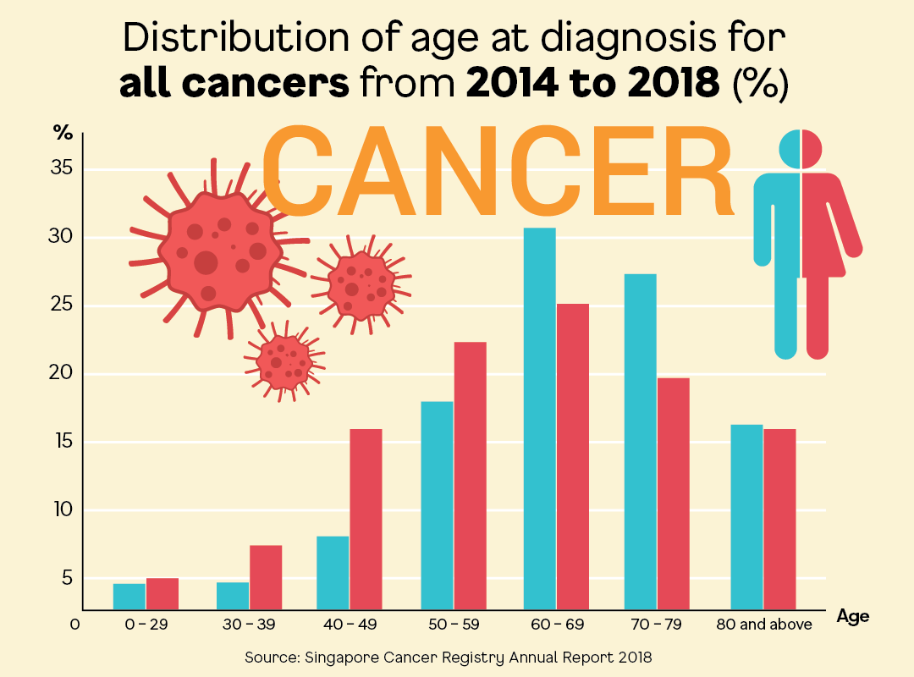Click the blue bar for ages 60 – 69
[x=540, y=419]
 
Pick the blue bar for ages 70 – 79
[x=640, y=441]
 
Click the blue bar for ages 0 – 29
[x=129, y=596]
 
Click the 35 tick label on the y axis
[x=62, y=168]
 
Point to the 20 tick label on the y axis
[x=62, y=374]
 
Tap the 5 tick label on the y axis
[x=64, y=579]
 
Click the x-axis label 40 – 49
[x=350, y=625]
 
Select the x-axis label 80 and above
[x=763, y=625]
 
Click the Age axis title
[x=852, y=617]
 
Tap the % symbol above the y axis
[x=63, y=132]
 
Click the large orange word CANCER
[x=497, y=172]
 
